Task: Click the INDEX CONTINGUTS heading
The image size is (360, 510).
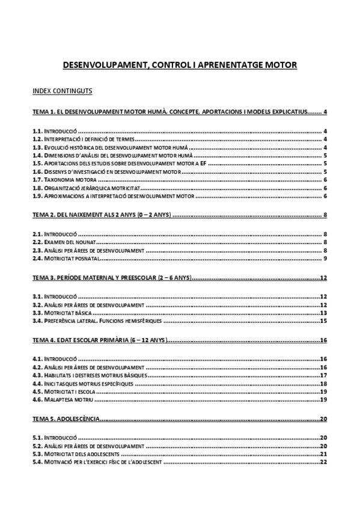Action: pyautogui.click(x=62, y=91)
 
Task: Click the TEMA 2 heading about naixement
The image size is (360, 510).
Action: pyautogui.click(x=102, y=215)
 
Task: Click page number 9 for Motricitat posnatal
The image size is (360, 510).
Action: pyautogui.click(x=325, y=259)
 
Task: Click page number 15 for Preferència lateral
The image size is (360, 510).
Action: pyautogui.click(x=323, y=321)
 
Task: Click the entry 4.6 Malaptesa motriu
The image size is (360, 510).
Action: pyautogui.click(x=63, y=400)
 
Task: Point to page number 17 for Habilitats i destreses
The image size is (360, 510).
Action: pyautogui.click(x=323, y=375)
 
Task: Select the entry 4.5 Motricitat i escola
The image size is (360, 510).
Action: pyautogui.click(x=64, y=392)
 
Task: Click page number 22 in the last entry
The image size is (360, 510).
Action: pyautogui.click(x=323, y=462)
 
